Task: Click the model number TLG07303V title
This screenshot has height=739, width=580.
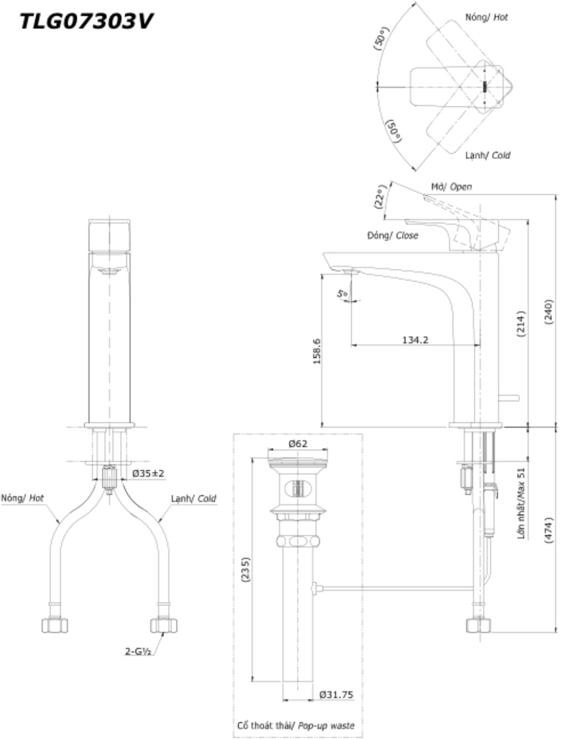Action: (x=86, y=22)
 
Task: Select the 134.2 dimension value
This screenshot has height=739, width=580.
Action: (x=415, y=339)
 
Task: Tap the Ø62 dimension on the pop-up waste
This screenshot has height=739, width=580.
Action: (x=298, y=443)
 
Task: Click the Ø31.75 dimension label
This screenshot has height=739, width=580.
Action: (x=336, y=695)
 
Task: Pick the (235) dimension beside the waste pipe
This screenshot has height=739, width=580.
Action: (x=245, y=570)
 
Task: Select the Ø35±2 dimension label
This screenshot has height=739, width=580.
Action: (x=148, y=473)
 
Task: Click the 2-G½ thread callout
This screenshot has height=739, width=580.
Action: (x=138, y=651)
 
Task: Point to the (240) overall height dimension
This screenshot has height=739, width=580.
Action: (x=549, y=312)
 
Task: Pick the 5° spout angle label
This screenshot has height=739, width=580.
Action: (x=343, y=294)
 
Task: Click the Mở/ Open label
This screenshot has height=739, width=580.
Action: (x=451, y=186)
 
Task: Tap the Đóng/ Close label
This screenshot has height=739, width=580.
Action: (x=392, y=236)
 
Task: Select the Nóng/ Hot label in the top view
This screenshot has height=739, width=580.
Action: (x=486, y=17)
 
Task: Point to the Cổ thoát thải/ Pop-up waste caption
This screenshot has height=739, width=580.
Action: (x=296, y=725)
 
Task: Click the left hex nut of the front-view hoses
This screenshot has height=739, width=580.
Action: (x=55, y=625)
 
